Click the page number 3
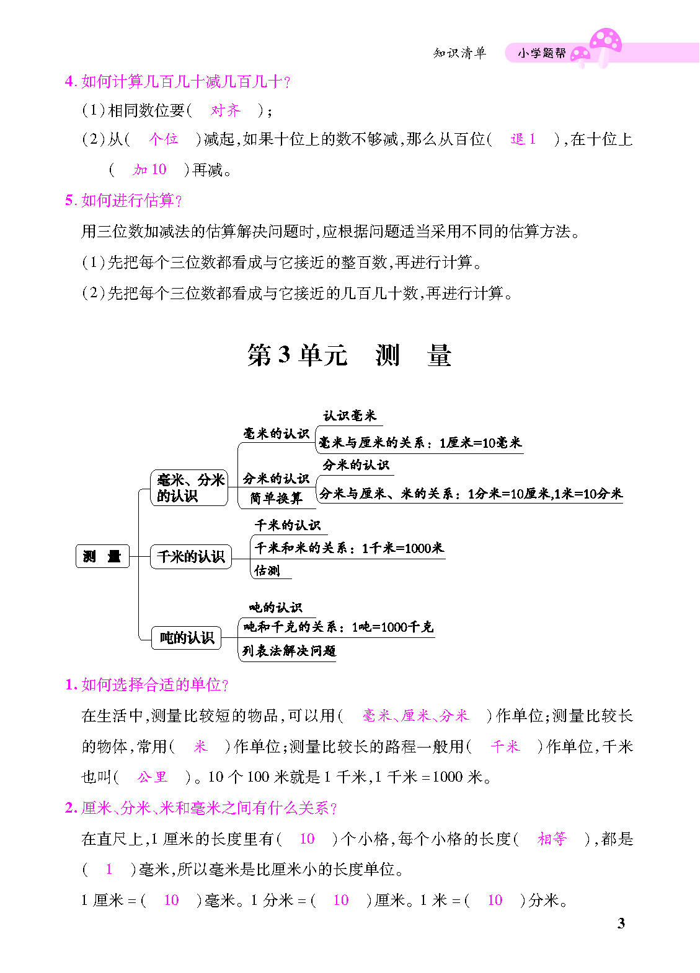point(621,923)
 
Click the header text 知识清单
point(459,53)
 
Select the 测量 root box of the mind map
point(102,556)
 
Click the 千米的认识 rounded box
point(190,556)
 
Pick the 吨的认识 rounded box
point(187,637)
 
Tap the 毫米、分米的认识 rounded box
point(190,488)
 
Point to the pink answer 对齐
point(225,110)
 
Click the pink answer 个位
point(163,139)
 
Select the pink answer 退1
point(523,139)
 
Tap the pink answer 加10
point(149,170)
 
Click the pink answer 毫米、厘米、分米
point(415,716)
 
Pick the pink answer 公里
point(153,777)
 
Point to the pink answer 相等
point(552,839)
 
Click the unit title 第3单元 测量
point(349,356)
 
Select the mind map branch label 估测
point(267,570)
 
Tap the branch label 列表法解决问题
point(289,650)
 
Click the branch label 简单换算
point(276,498)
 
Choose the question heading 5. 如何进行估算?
point(124,200)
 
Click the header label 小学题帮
point(542,53)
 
